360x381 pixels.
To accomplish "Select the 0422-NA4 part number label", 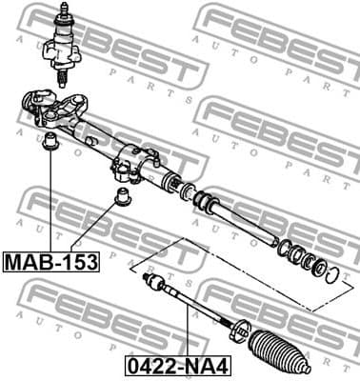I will point(177,362).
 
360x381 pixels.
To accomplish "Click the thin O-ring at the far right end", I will point(330,277).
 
